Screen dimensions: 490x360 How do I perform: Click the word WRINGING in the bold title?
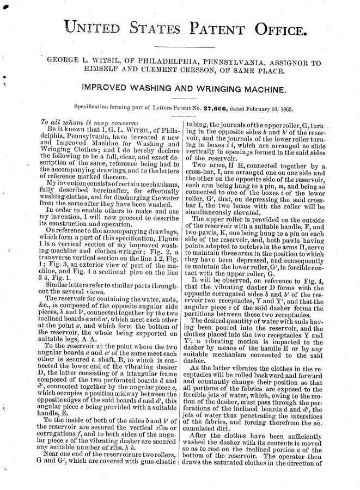pos(213,87)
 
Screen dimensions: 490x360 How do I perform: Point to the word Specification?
pos(93,105)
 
